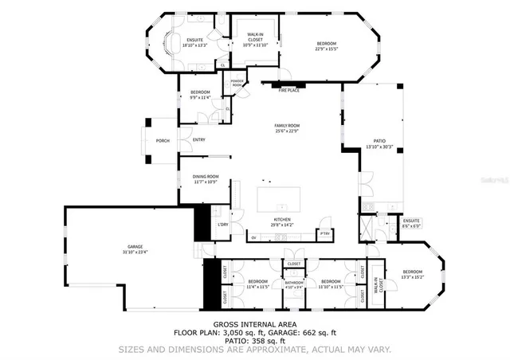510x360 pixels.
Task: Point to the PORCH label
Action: (x=162, y=141)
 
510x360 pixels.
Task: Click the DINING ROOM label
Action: (x=206, y=178)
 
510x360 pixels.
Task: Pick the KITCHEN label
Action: (x=282, y=220)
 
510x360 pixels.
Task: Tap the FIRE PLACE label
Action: (x=288, y=91)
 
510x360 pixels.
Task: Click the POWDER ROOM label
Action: (x=237, y=83)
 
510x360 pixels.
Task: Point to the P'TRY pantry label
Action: (x=324, y=233)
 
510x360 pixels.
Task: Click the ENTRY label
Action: (x=198, y=141)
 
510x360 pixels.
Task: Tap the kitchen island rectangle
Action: (x=279, y=198)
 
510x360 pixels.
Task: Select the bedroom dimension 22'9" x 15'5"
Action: (x=327, y=49)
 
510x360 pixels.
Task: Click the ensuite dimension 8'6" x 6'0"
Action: (x=411, y=225)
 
